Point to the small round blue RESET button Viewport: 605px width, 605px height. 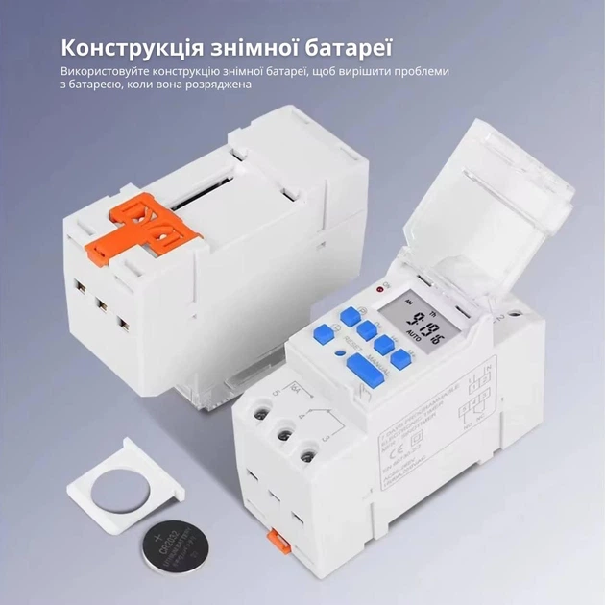pos(337,339)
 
